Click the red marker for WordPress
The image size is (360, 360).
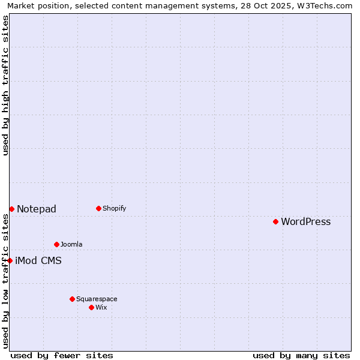click(x=275, y=221)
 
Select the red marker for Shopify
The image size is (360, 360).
click(x=98, y=208)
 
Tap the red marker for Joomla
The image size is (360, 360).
click(x=56, y=244)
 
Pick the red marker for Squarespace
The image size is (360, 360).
click(x=72, y=299)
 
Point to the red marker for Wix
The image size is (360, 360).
click(x=91, y=307)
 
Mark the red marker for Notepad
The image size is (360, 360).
click(x=11, y=209)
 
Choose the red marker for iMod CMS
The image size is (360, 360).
click(x=10, y=260)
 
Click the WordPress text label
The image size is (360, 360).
click(x=305, y=221)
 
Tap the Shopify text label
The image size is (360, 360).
click(x=114, y=208)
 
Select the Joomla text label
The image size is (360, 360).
click(x=71, y=244)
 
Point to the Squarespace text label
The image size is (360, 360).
click(x=97, y=299)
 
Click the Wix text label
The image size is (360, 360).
click(x=101, y=307)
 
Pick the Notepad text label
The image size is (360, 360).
click(x=37, y=209)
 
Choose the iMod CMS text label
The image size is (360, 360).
click(x=38, y=260)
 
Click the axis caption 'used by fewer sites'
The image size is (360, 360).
click(x=62, y=355)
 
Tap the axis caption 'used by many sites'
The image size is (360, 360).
click(x=301, y=355)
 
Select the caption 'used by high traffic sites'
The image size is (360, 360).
click(x=5, y=85)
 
